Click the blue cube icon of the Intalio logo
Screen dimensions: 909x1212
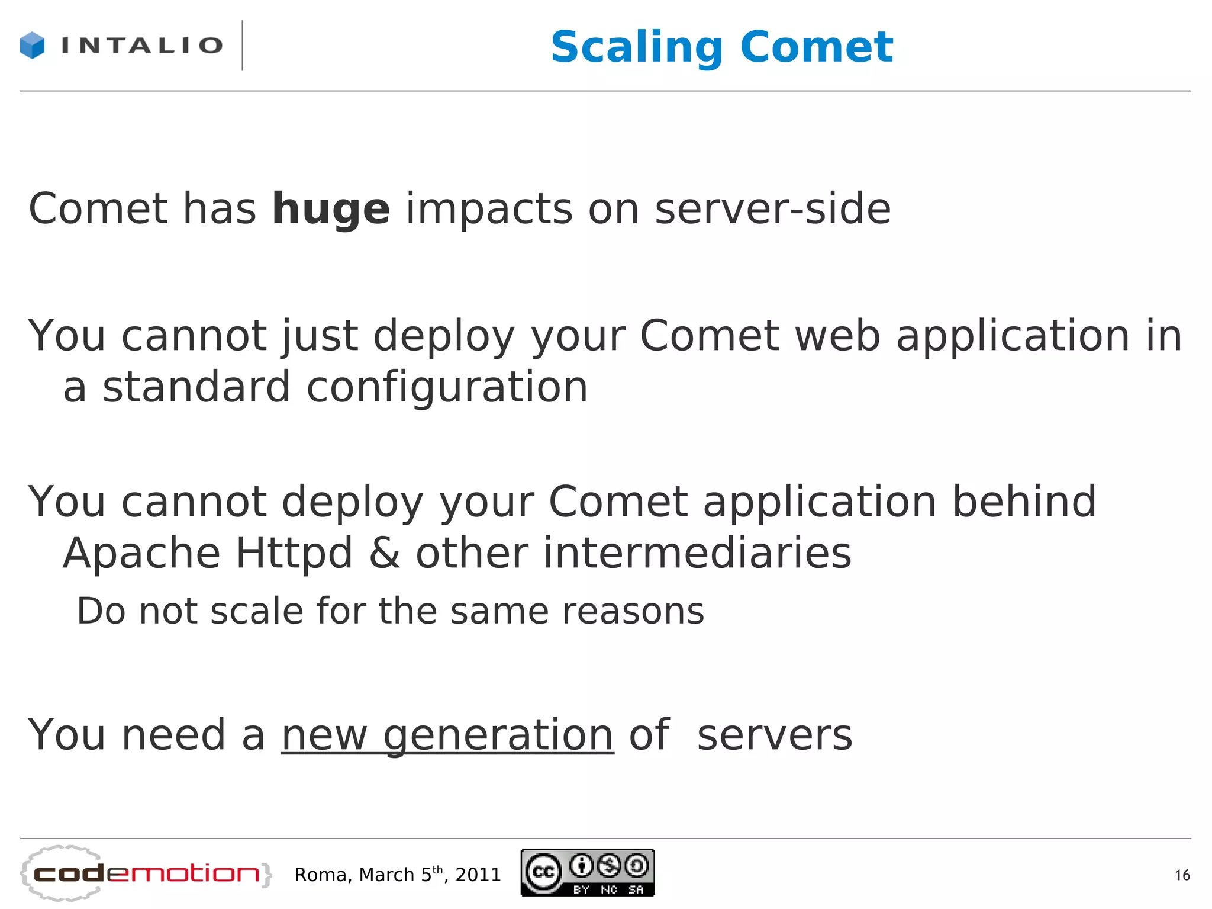pyautogui.click(x=32, y=46)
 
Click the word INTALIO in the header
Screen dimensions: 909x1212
pyautogui.click(x=142, y=46)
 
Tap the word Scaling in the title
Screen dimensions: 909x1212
pyautogui.click(x=637, y=47)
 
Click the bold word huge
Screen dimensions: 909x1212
pyautogui.click(x=331, y=210)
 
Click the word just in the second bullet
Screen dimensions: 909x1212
pyautogui.click(x=320, y=336)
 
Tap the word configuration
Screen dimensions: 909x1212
pyautogui.click(x=447, y=388)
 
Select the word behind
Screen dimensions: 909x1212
pyautogui.click(x=1024, y=502)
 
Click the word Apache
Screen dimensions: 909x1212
pyautogui.click(x=141, y=554)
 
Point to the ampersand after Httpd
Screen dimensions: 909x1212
pyautogui.click(x=384, y=553)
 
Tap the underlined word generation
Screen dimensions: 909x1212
pyautogui.click(x=498, y=736)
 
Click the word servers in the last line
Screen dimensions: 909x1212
pyautogui.click(x=775, y=735)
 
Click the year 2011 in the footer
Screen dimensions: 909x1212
pyautogui.click(x=478, y=875)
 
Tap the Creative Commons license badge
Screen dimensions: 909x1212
pyautogui.click(x=588, y=872)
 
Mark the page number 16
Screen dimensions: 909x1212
pyautogui.click(x=1182, y=875)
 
